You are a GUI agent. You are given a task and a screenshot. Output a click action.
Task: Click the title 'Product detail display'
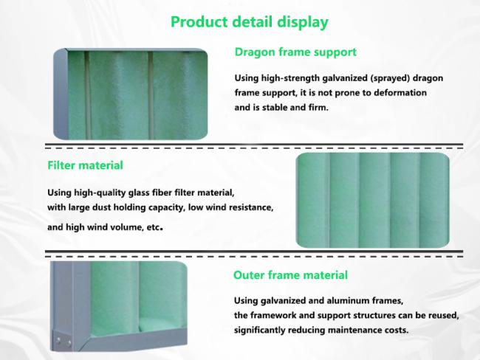coord(249,21)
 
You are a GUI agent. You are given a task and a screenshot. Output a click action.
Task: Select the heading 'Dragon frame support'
coord(295,52)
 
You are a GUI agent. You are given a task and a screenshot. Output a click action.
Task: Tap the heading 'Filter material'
coord(85,165)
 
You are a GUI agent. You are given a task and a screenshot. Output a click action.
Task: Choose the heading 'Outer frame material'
coord(290,275)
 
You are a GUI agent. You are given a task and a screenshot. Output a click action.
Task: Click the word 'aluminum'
coord(356,301)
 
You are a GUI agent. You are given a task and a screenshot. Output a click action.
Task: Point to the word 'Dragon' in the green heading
coord(253,52)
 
